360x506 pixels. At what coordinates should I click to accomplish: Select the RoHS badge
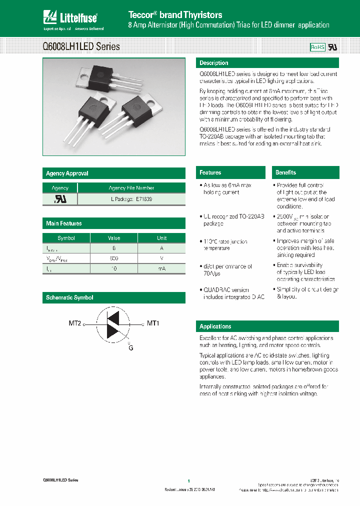coord(317,47)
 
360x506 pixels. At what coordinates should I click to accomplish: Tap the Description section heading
coord(214,63)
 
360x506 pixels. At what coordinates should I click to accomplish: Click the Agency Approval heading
coord(67,173)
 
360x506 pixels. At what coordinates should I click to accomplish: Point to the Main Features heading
coord(64,223)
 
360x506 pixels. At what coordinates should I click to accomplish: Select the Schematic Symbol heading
coord(69,297)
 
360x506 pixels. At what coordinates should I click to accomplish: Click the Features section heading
coord(210,172)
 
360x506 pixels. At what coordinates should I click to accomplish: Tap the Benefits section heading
coord(286,172)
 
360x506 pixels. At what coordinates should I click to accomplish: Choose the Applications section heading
coord(215,326)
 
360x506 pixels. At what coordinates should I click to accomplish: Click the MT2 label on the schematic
coord(75,323)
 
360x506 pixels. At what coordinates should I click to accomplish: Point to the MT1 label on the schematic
coord(153,323)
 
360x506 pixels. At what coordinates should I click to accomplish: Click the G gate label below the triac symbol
coord(130,346)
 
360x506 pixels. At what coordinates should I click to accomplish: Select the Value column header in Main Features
coord(114,238)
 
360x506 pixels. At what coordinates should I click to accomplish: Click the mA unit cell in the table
coord(161,268)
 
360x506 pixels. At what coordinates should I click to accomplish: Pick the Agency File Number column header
coord(131,188)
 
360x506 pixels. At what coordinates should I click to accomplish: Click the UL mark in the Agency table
coord(60,198)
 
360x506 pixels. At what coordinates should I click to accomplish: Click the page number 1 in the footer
coord(189,480)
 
